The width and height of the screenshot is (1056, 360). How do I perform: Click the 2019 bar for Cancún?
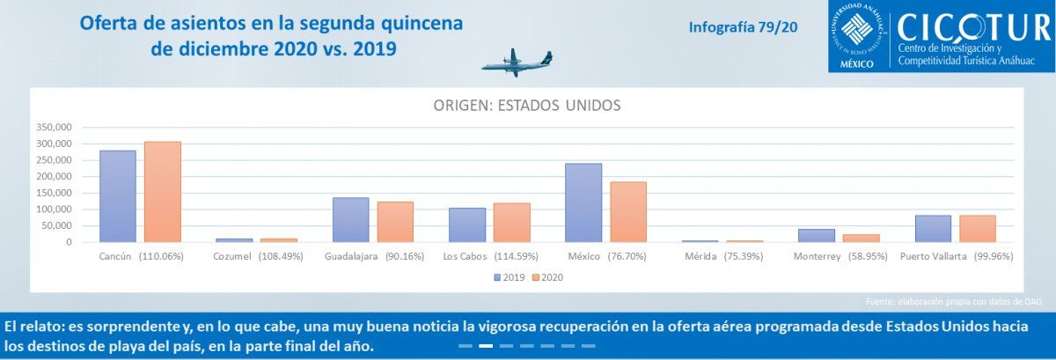(118, 196)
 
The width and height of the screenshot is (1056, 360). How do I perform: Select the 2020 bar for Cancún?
(163, 192)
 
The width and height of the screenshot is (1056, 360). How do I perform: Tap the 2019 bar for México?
(583, 202)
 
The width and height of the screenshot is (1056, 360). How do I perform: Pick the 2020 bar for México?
(628, 212)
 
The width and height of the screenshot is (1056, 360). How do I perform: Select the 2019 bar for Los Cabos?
(466, 225)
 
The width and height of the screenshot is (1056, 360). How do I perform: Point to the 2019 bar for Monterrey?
(817, 236)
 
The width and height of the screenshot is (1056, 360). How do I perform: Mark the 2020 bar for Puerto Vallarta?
(978, 229)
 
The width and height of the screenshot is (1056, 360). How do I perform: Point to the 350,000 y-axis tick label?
(55, 127)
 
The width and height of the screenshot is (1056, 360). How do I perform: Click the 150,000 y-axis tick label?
(55, 193)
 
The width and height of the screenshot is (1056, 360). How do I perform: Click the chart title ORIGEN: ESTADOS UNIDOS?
(527, 106)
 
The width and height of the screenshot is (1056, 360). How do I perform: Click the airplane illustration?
(517, 62)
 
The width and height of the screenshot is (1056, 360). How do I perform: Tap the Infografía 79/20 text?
(743, 27)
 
